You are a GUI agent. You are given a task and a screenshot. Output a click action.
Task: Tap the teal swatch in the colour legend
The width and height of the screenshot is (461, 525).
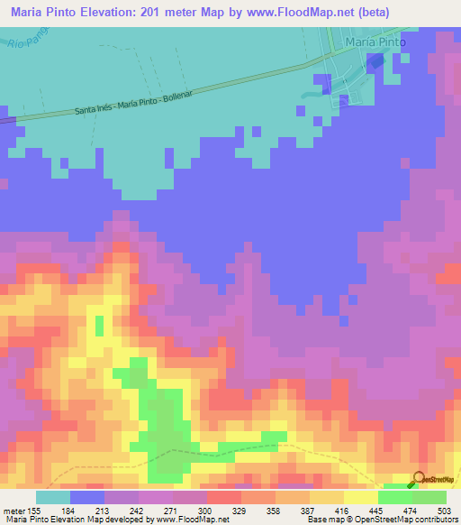(x=53, y=497)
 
